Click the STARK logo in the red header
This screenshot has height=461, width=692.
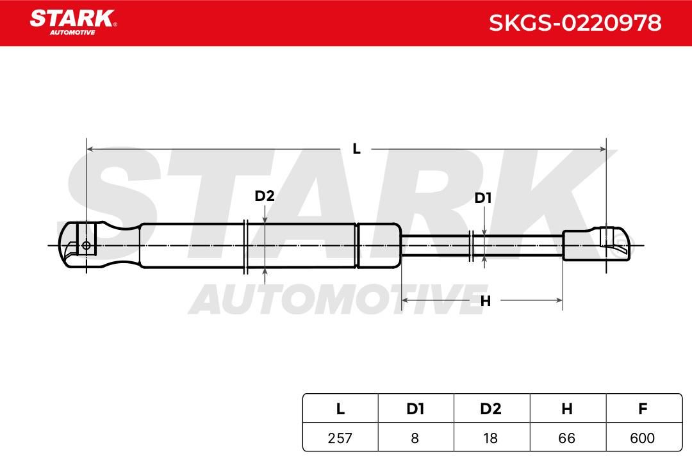tap(73, 22)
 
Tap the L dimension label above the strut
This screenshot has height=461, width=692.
tap(357, 149)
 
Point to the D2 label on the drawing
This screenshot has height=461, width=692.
tap(265, 195)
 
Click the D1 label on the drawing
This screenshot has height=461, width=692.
tap(483, 198)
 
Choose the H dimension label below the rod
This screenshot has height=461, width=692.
tap(486, 301)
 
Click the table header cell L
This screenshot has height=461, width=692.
tap(340, 409)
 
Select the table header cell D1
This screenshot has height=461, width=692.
tap(415, 409)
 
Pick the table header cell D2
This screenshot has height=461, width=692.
tap(491, 409)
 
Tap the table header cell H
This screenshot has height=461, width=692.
tap(567, 409)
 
